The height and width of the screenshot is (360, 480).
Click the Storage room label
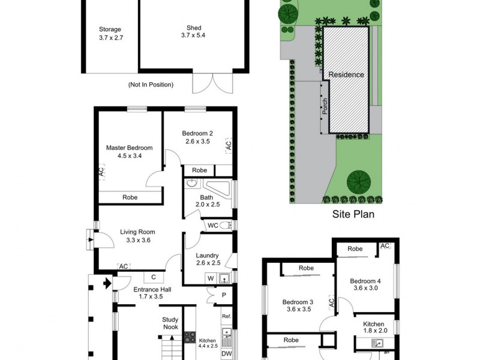[x=110, y=29]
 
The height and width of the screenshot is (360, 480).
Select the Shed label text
[x=193, y=28]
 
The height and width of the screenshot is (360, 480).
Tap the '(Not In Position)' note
[x=151, y=85]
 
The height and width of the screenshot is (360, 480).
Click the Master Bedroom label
[x=129, y=148]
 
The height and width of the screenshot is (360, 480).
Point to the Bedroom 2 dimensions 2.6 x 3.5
[x=197, y=142]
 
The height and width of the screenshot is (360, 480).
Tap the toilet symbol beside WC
[x=226, y=226]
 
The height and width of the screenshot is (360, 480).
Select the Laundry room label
[x=207, y=255]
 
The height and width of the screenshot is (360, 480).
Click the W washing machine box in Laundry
[x=210, y=278]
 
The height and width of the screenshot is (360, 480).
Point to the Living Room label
[x=137, y=232]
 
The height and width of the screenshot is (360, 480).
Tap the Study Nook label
[x=170, y=324]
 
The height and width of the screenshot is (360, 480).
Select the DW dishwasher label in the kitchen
[x=226, y=354]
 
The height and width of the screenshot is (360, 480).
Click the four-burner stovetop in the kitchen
[x=190, y=337]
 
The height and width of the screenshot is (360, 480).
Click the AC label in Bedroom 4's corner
[x=385, y=246]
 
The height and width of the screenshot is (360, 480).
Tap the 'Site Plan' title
[x=353, y=214]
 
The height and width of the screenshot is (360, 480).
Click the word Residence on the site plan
[x=346, y=75]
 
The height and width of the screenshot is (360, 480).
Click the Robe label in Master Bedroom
[x=129, y=197]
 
